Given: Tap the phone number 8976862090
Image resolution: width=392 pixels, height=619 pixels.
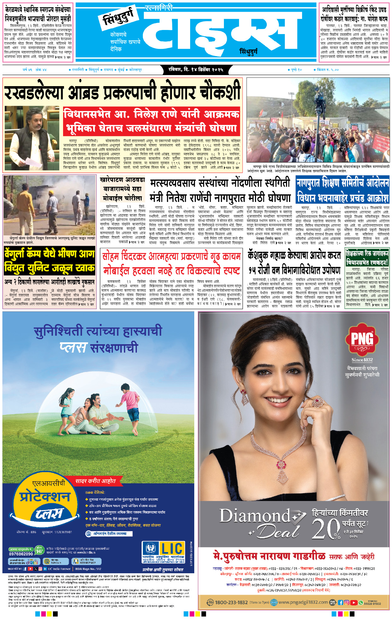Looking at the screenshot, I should click(21, 554).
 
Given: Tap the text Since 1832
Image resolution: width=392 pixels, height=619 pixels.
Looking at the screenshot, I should click(362, 360).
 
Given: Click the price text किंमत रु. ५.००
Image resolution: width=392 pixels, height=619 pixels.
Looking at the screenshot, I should click(328, 70).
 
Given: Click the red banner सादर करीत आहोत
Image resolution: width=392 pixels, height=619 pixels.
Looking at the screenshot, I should click(96, 481).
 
